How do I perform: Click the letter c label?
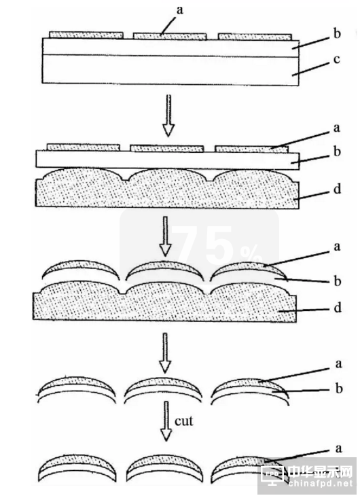(336, 59)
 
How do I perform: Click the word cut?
(184, 421)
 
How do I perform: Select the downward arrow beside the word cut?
(166, 421)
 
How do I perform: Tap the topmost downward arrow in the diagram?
(168, 115)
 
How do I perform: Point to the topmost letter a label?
(180, 10)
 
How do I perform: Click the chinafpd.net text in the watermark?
(321, 483)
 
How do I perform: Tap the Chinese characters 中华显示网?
(320, 472)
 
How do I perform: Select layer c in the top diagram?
(170, 70)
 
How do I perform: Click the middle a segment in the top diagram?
(170, 35)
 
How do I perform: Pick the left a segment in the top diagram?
(86, 35)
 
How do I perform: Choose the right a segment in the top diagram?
(255, 36)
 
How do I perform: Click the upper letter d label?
(337, 189)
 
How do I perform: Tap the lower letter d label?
(338, 308)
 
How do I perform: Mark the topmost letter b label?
(337, 33)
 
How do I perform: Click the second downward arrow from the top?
(166, 236)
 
